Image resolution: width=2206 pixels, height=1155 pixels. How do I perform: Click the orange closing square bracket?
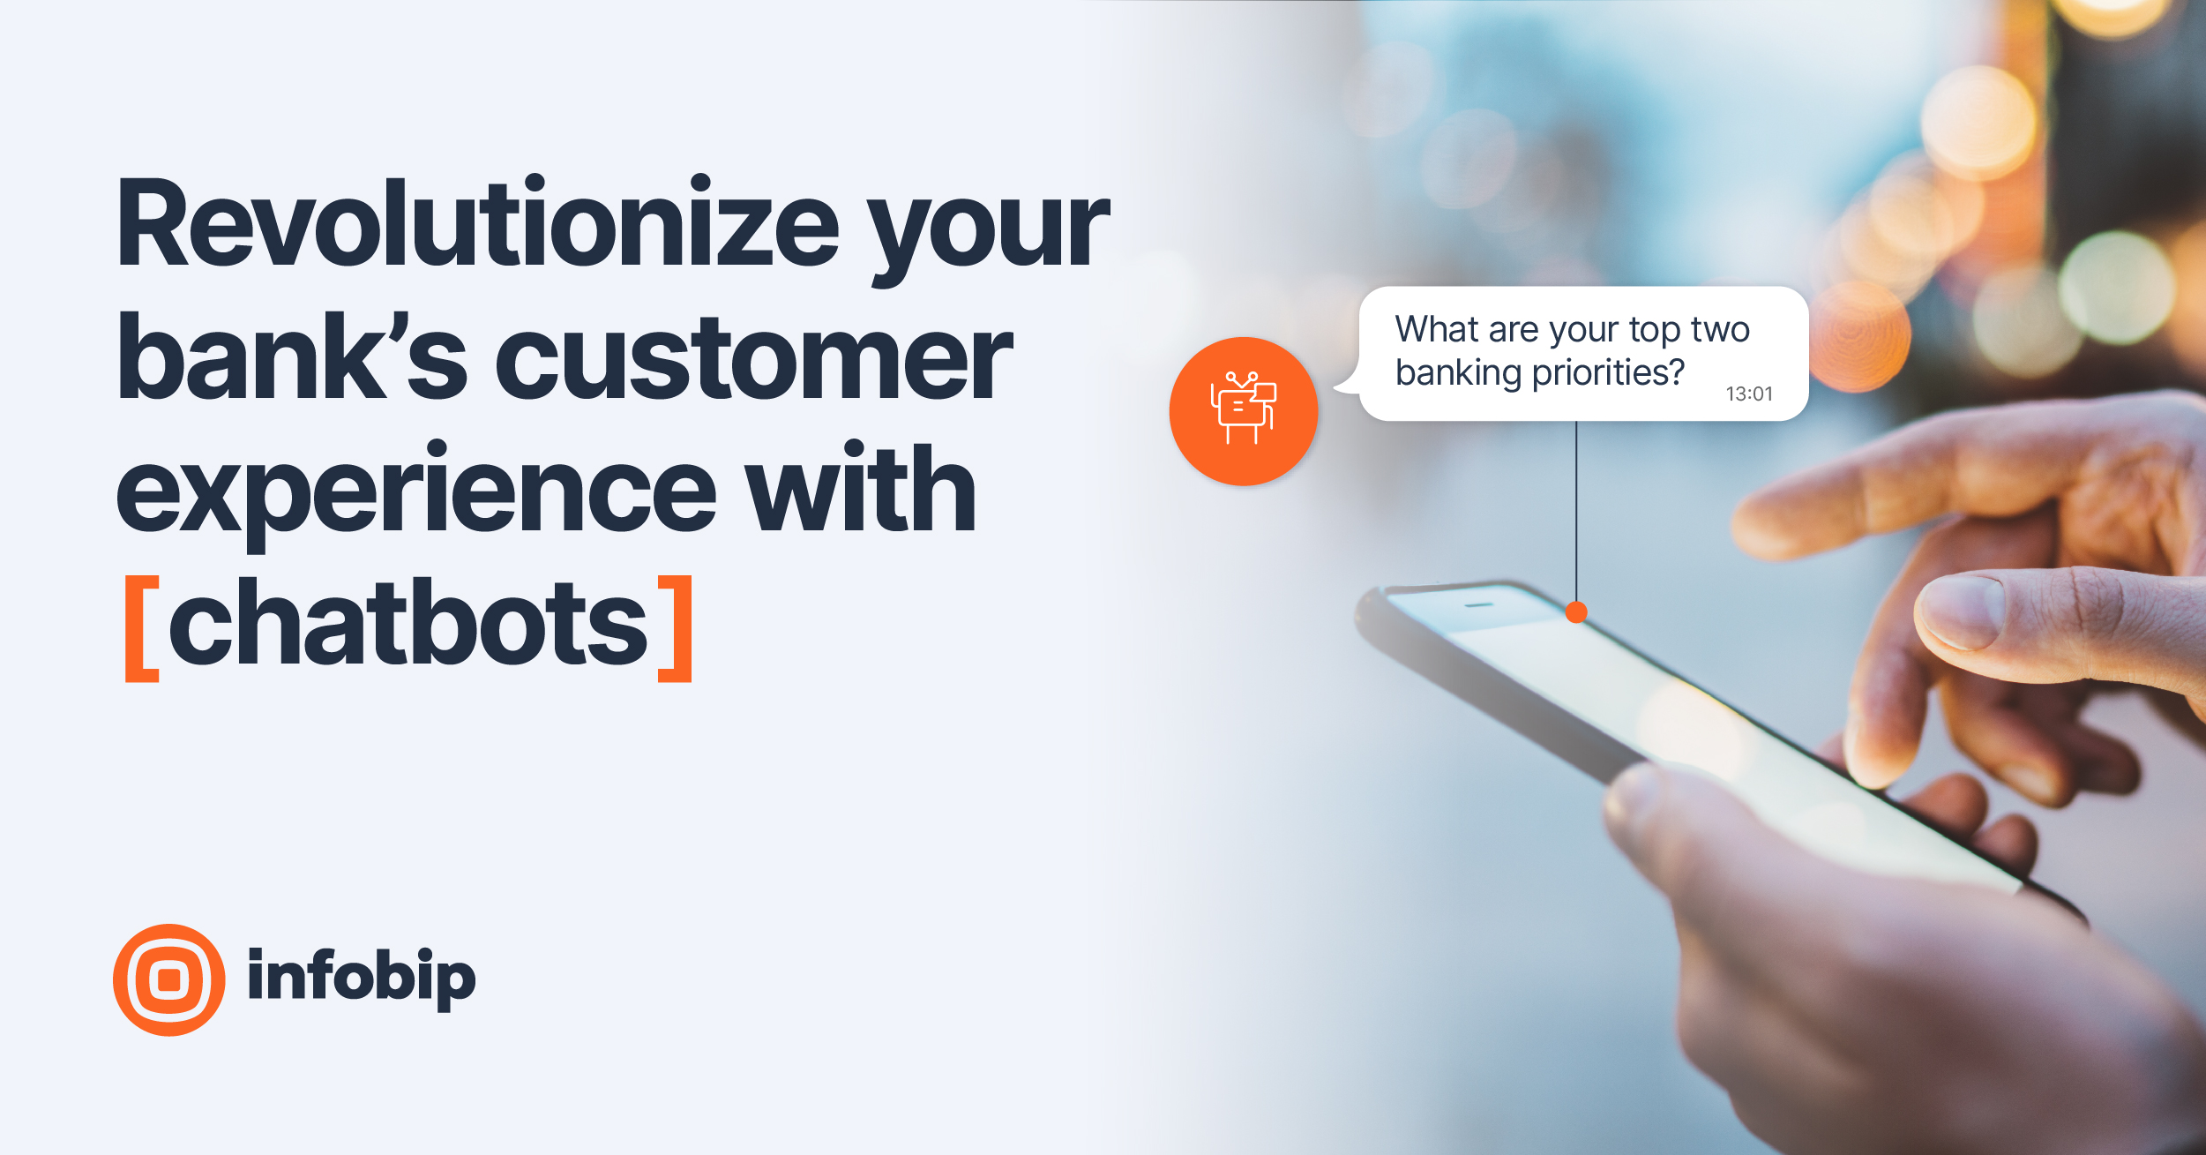677,628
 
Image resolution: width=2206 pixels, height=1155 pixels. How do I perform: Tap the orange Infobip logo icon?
168,979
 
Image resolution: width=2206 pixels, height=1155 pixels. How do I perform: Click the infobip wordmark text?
361,978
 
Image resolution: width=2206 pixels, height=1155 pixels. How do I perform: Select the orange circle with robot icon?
1243,411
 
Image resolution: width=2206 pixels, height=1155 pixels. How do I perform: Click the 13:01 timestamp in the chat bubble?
1748,394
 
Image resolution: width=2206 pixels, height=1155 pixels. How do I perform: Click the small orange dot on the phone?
1576,612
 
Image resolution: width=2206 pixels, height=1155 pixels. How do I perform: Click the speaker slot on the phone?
1479,605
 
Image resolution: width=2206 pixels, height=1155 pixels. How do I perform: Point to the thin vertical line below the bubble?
1576,512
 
